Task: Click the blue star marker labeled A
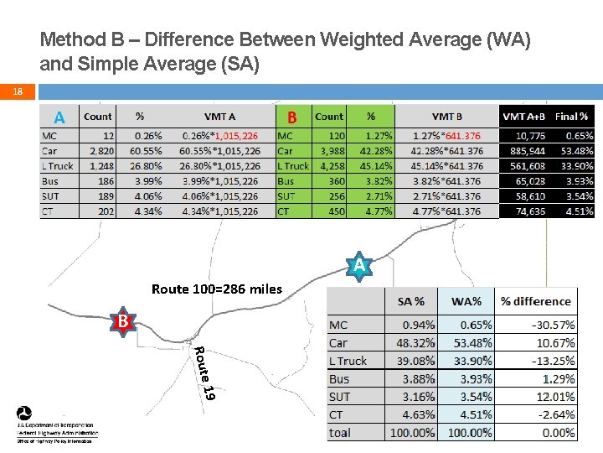point(358,266)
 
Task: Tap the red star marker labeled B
point(123,322)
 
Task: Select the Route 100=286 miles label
point(217,289)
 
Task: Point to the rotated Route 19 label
point(205,372)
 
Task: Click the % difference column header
point(535,301)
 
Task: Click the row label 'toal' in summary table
point(340,433)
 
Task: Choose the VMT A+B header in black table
point(524,117)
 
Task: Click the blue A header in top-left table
point(59,117)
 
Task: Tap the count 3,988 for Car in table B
point(329,150)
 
